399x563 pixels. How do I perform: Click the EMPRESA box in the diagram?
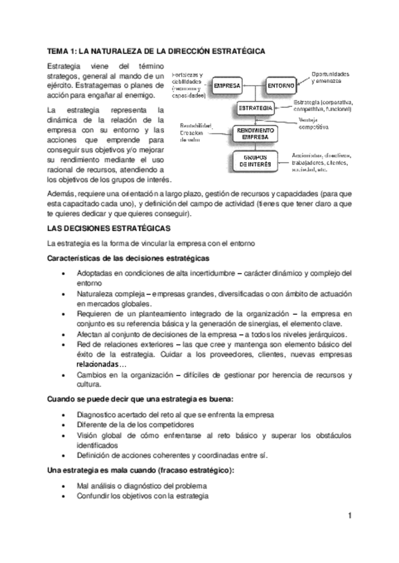point(226,86)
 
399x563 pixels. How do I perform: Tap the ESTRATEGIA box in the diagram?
point(255,108)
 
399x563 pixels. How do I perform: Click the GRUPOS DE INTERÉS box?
point(255,161)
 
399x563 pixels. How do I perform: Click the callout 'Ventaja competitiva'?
point(320,123)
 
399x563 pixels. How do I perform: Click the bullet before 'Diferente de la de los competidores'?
point(62,424)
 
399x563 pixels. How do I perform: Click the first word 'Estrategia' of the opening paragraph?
point(64,67)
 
